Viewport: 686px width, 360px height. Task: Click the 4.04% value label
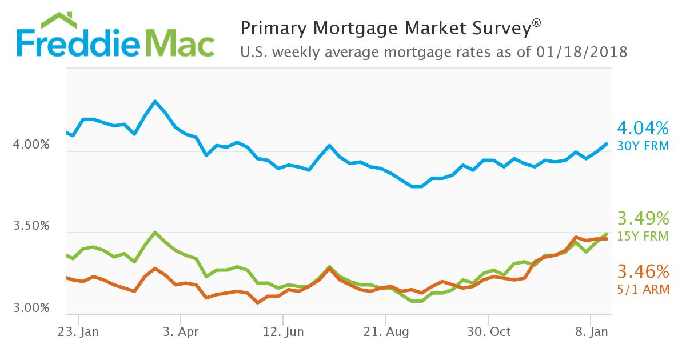pos(642,127)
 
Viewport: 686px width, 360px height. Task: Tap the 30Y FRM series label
pos(643,146)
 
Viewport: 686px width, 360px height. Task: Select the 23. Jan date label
pos(78,332)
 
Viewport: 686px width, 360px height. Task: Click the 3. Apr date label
pos(180,332)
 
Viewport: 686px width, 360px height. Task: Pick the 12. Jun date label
pos(282,332)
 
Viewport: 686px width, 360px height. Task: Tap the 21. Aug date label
pos(386,332)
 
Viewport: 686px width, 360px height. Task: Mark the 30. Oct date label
pos(489,332)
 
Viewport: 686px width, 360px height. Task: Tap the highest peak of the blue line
pos(155,101)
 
